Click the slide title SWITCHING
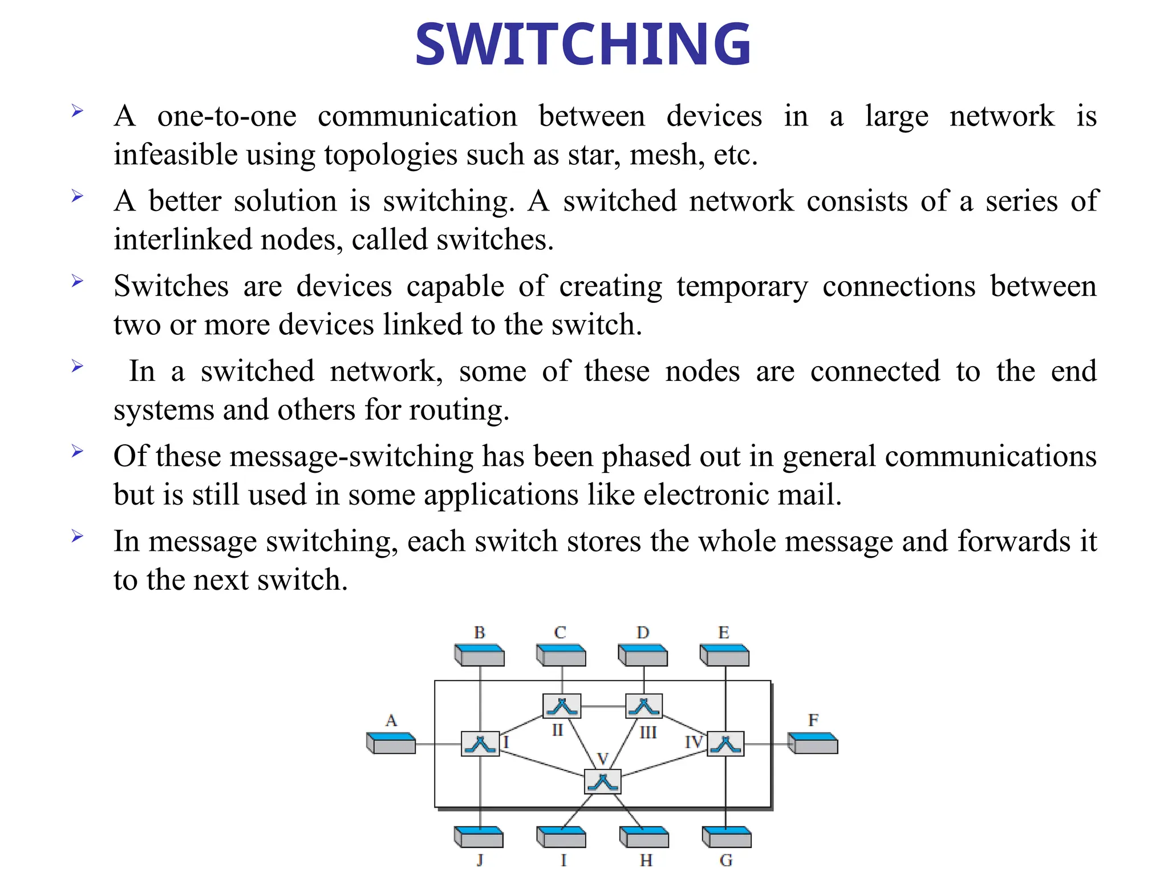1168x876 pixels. (x=583, y=44)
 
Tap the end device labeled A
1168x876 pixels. (x=391, y=743)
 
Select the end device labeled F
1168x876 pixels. (x=813, y=743)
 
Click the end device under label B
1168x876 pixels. (x=480, y=655)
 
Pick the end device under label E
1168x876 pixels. (x=725, y=655)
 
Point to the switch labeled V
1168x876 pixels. (x=603, y=782)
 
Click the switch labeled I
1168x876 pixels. (x=480, y=744)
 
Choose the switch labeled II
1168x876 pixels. (x=562, y=706)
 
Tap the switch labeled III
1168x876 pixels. (x=644, y=706)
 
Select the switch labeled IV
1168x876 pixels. (x=725, y=744)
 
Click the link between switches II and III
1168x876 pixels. (x=603, y=707)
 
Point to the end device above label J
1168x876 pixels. (x=479, y=837)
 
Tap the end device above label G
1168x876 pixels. (x=727, y=837)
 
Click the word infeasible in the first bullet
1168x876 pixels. (x=175, y=155)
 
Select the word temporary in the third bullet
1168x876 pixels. (x=742, y=286)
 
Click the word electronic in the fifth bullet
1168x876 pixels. (x=706, y=494)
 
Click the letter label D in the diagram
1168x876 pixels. (x=643, y=632)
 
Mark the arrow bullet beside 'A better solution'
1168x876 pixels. (x=78, y=197)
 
